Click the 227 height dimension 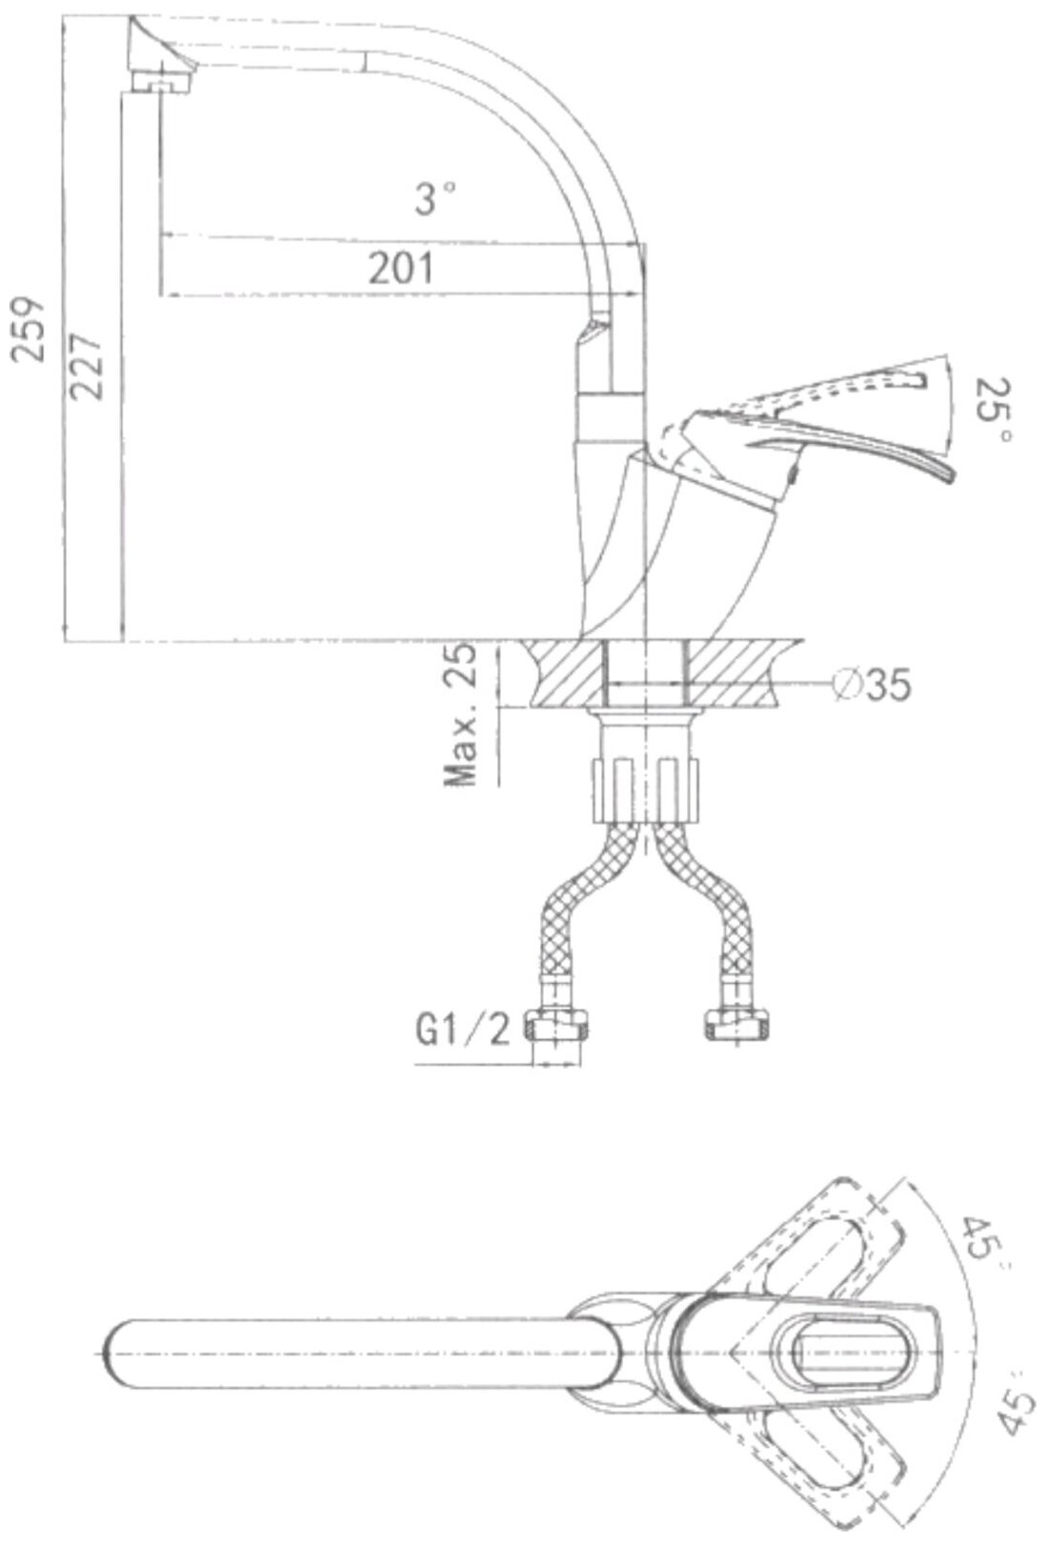(x=87, y=367)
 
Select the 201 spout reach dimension (x=400, y=269)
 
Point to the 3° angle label (x=435, y=198)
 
